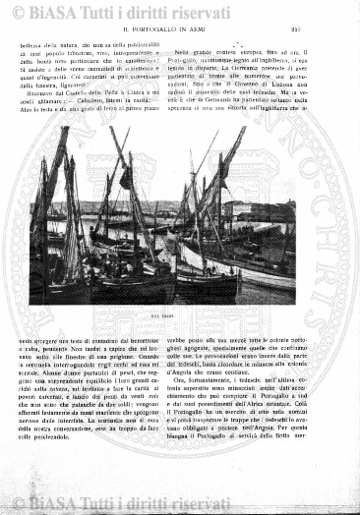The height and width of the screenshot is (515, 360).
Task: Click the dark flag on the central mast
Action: click(125, 178)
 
